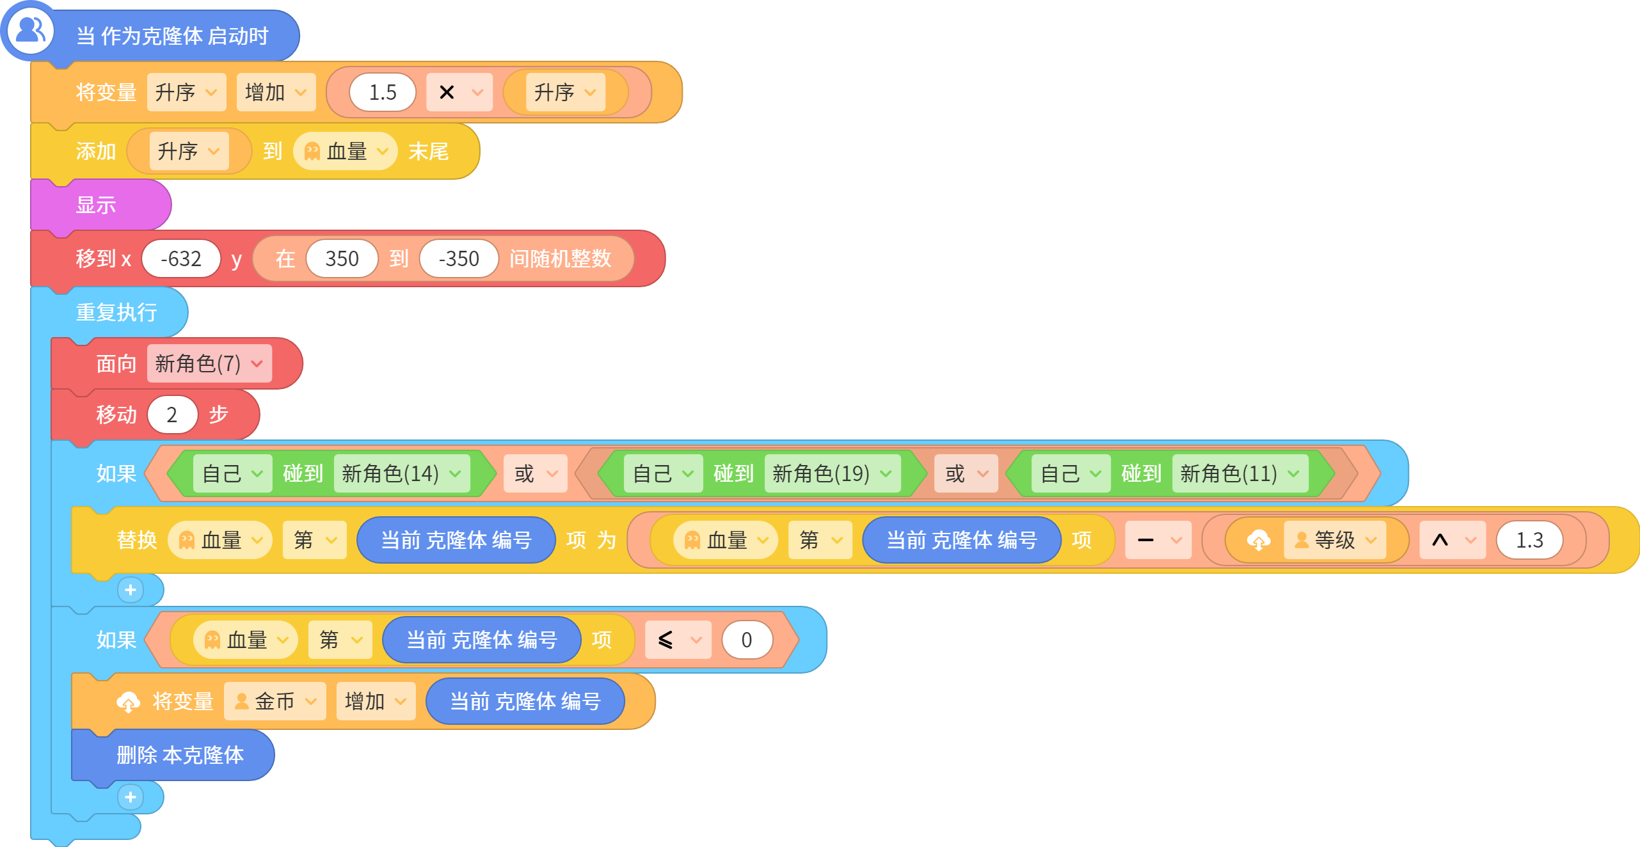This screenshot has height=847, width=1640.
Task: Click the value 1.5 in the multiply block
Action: pos(383,92)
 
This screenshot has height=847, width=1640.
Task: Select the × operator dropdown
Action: pos(459,92)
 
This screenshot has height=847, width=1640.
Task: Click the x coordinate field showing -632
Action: pos(181,258)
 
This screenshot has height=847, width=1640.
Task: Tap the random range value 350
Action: pos(342,258)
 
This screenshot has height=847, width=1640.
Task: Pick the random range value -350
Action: pos(459,258)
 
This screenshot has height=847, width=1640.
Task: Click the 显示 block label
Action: pos(96,205)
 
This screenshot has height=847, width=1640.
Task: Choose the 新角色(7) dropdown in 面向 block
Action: pos(209,363)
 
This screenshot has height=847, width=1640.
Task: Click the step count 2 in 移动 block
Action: pos(172,415)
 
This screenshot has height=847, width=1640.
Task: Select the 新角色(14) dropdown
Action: pos(402,473)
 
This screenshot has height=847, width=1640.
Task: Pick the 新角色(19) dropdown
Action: pos(832,473)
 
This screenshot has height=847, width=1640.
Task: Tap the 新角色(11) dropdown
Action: pos(1240,473)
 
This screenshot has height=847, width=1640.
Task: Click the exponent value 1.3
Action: pos(1529,540)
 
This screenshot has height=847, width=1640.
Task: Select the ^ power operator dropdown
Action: pos(1453,540)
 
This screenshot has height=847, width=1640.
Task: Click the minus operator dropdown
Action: pos(1158,540)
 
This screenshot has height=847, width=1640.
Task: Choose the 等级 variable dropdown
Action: pos(1335,540)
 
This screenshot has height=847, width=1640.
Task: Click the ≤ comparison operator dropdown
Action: pos(678,640)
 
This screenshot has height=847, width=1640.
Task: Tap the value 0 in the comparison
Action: pos(747,640)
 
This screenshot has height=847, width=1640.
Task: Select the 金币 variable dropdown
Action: pos(275,701)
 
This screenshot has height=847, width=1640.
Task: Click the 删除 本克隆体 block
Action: pos(173,755)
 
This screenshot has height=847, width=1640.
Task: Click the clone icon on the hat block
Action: pos(30,30)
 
